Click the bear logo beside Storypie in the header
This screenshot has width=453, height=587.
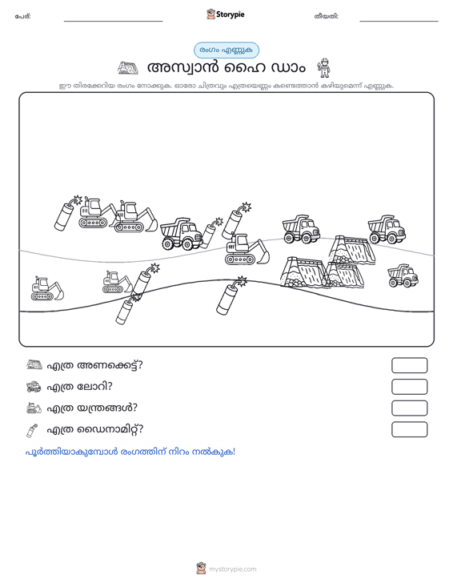[x=210, y=14]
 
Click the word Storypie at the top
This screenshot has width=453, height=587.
[x=231, y=14]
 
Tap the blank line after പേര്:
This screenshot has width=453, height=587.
[x=114, y=21]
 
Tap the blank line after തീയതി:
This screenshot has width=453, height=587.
[x=399, y=21]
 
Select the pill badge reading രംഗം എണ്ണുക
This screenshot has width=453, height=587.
[x=226, y=50]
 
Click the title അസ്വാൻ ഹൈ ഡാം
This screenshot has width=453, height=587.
[x=226, y=68]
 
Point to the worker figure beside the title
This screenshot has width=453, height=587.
[x=323, y=68]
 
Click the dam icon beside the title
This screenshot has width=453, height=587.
[x=128, y=68]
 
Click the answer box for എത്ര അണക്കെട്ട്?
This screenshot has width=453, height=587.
[x=409, y=365]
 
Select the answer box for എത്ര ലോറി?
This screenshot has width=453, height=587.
[x=409, y=387]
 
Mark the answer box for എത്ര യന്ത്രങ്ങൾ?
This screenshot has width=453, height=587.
[x=409, y=408]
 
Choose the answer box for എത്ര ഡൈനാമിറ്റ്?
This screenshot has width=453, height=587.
[x=409, y=429]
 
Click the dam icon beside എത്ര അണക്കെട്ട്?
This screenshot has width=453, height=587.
[x=34, y=364]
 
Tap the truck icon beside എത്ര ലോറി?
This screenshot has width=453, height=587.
[x=34, y=386]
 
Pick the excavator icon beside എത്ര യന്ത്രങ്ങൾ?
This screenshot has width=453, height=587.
[x=34, y=408]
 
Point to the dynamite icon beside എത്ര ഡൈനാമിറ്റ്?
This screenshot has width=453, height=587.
[x=32, y=430]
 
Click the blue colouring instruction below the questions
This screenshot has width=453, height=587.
[x=130, y=452]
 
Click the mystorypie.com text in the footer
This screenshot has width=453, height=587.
[x=233, y=569]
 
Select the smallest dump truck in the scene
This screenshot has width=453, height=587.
[x=403, y=275]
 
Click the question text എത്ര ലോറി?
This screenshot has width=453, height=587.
[x=79, y=386]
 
